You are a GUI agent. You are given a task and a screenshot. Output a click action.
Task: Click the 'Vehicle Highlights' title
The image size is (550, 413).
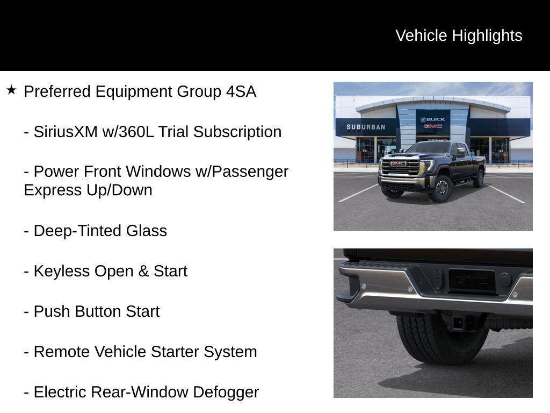click(x=459, y=35)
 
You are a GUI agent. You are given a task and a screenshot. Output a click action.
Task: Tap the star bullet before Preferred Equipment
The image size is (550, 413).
click(x=11, y=90)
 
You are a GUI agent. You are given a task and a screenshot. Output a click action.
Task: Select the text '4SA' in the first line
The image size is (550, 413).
click(x=241, y=91)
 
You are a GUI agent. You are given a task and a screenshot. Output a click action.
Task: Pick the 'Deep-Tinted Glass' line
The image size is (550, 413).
click(x=96, y=231)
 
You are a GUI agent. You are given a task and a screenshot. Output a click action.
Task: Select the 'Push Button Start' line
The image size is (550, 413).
click(x=92, y=311)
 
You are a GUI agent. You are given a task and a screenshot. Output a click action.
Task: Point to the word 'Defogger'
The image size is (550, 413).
click(x=226, y=392)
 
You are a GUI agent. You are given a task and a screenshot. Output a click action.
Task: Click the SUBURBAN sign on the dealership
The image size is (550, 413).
click(x=366, y=127)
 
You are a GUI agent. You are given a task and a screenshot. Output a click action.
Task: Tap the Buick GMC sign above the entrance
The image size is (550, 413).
click(x=433, y=123)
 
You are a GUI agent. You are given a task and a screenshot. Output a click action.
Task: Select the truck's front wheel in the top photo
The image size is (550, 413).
click(x=442, y=188)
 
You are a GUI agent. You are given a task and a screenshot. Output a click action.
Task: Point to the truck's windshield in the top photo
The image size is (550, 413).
click(x=430, y=148)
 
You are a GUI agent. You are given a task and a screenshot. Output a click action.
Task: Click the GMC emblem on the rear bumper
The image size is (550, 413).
click(x=472, y=280)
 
